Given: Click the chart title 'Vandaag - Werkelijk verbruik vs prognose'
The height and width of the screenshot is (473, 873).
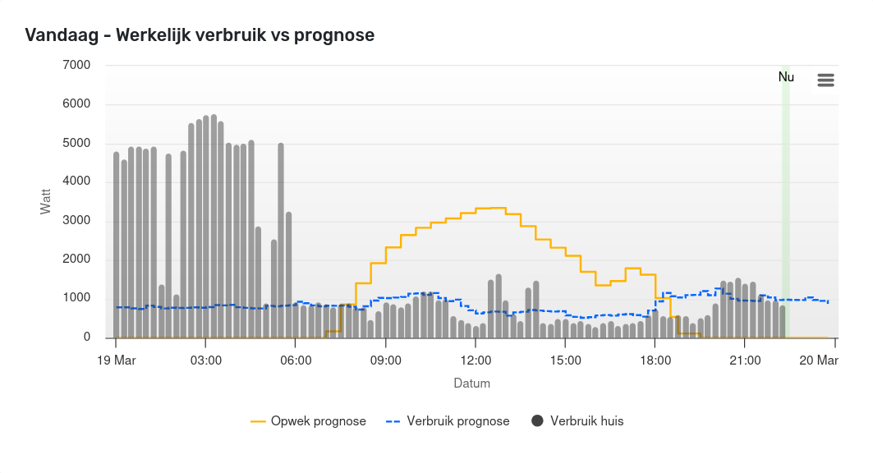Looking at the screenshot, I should tap(200, 35).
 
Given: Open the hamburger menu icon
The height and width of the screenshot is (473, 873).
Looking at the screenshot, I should tap(825, 80).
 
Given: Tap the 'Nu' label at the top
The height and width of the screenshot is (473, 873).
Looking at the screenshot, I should tap(786, 77).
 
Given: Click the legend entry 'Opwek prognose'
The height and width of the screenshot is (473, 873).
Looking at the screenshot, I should tap(309, 421).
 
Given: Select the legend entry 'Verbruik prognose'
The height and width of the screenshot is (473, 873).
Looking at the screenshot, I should tap(448, 421).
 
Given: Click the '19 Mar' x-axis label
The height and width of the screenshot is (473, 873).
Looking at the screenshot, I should tap(116, 360).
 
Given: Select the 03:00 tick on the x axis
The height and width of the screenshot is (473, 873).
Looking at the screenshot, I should tap(205, 360).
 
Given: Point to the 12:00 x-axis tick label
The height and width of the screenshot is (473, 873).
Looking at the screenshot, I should tap(476, 360).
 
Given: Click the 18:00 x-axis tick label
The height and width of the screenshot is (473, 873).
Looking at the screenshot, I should tap(655, 360).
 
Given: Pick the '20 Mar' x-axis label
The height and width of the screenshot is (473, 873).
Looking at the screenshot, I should tap(819, 360).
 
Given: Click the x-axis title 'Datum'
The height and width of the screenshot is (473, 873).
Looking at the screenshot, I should tap(472, 383).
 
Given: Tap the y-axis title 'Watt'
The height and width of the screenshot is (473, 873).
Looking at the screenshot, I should tap(46, 201).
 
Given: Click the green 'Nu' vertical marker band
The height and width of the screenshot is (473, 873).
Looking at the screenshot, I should tap(786, 205).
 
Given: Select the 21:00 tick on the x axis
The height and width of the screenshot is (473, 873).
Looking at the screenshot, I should tap(745, 360).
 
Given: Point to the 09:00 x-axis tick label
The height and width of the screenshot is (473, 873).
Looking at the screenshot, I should tap(385, 360).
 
